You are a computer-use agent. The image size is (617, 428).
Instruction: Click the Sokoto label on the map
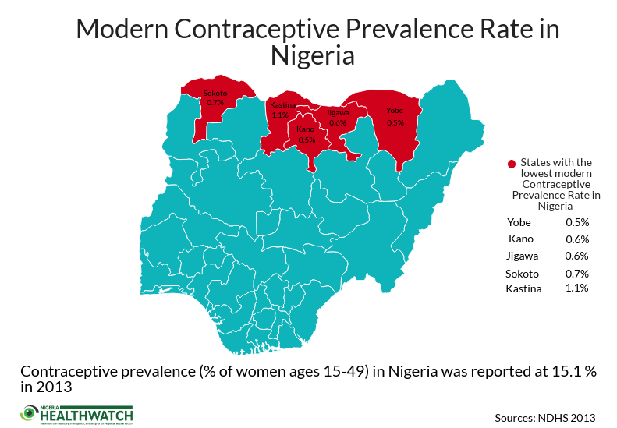(x=215, y=94)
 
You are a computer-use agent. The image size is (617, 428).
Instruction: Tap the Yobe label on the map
(x=395, y=111)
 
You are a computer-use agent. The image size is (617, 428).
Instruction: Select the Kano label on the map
(x=306, y=129)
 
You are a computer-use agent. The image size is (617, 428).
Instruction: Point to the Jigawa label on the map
(x=338, y=112)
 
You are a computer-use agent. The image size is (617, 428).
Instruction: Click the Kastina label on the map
(x=281, y=104)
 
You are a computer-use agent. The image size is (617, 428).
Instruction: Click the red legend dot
(x=512, y=164)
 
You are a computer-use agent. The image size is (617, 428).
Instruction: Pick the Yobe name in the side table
(x=519, y=222)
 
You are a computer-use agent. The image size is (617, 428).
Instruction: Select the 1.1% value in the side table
(x=577, y=288)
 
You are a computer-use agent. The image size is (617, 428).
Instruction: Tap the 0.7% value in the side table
(x=577, y=274)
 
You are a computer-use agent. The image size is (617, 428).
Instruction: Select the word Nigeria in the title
(x=312, y=56)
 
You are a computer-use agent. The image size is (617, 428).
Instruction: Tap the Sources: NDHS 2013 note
(x=546, y=416)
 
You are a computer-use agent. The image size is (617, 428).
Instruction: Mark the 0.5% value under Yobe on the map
(x=395, y=122)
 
